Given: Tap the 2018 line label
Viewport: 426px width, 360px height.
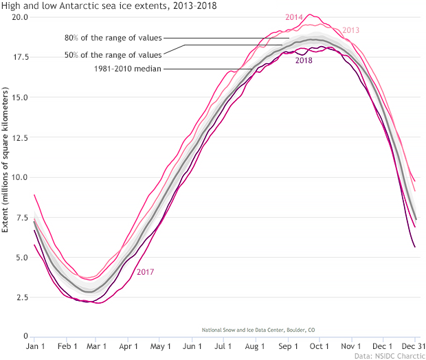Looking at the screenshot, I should point(304,61).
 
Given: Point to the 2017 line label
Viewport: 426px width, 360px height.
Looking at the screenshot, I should point(145,272).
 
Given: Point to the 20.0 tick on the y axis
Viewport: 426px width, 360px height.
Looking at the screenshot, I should point(19,16).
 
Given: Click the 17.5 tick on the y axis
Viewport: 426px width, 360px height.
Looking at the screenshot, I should point(19,57).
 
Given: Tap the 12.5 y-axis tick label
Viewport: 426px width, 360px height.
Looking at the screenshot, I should point(19,137).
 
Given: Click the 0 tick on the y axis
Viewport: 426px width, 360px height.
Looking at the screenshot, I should point(25,337).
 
